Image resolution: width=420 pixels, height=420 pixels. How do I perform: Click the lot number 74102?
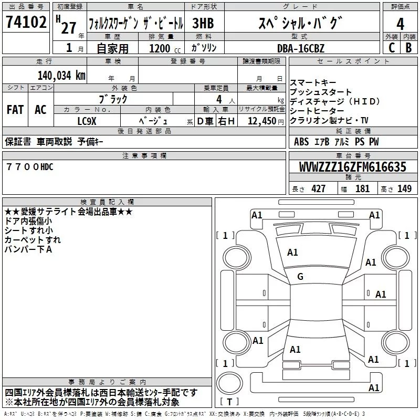pos(25,23)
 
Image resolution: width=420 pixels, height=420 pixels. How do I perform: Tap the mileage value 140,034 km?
pos(61,75)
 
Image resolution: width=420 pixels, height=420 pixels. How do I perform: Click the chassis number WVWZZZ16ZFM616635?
pos(352,167)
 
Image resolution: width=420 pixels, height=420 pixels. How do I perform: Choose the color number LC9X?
pos(86,121)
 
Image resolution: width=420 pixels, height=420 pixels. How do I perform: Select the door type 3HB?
pos(203,23)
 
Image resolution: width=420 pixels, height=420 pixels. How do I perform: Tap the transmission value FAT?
pos(15,110)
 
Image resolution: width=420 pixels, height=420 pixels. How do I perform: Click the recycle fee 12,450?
pos(261,121)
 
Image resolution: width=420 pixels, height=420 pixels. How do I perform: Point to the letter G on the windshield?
pos(300,277)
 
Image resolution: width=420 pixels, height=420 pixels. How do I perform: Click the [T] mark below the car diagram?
pos(229,402)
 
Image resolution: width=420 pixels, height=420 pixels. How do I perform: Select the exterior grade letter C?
pos(392,48)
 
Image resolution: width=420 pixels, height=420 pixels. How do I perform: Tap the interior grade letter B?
pos(409,48)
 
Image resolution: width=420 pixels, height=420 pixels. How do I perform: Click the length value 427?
pos(318,188)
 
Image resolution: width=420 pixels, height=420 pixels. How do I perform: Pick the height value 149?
pos(404,188)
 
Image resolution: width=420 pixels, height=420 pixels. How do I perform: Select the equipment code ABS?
pos(301,142)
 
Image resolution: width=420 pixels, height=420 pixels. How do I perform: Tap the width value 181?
pos(362,188)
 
